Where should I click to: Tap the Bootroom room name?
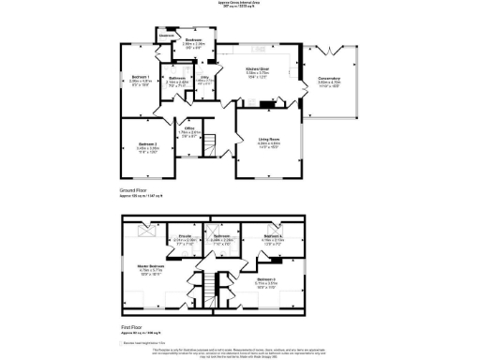coord(194,40)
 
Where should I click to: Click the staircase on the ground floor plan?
coord(211,145)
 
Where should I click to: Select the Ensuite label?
coord(185,237)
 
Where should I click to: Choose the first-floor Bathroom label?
coord(221,237)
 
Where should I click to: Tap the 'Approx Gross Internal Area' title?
coord(240,4)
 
